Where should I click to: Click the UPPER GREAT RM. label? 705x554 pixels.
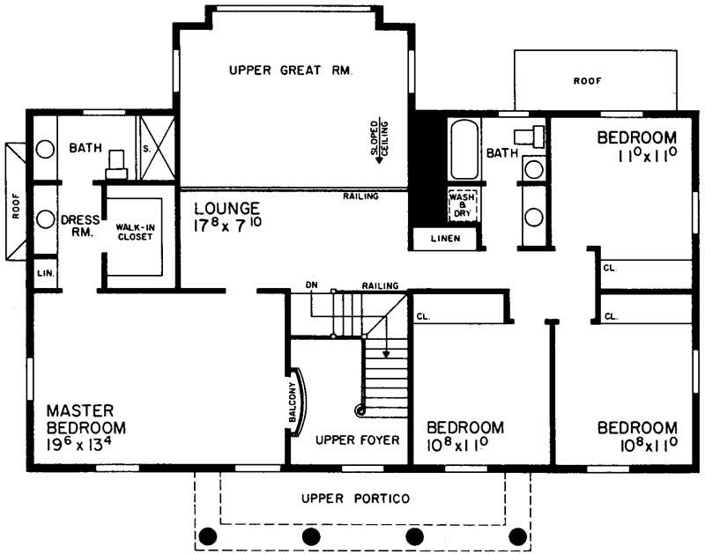click(290, 71)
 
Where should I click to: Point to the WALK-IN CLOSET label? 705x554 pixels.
click(135, 232)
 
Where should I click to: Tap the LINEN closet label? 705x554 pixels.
click(446, 238)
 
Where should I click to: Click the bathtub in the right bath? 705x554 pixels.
click(464, 151)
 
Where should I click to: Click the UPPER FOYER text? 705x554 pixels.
click(351, 440)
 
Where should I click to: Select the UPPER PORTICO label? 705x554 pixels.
click(356, 499)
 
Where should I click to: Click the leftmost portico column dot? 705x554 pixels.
click(209, 536)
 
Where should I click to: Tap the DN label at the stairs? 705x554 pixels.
click(311, 285)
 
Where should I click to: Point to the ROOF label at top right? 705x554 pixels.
click(587, 80)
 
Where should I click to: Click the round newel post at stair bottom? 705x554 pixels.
click(360, 410)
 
